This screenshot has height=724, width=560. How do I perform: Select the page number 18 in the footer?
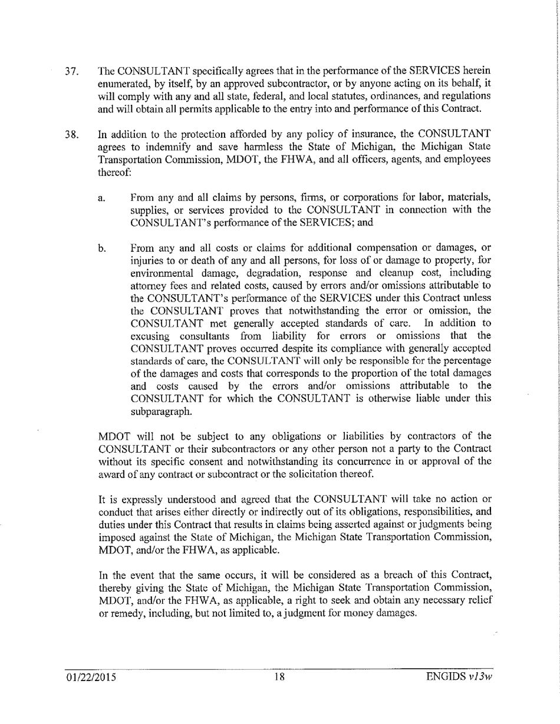(279, 692)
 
